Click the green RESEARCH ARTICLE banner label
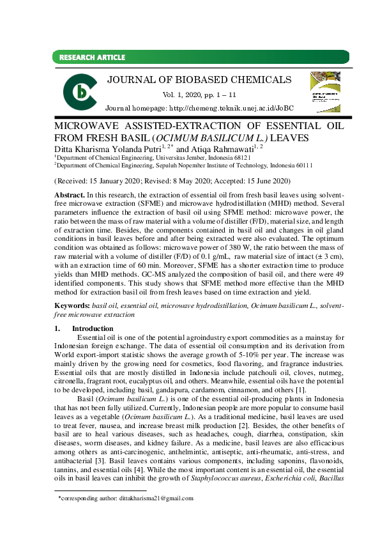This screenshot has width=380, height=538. click(93, 58)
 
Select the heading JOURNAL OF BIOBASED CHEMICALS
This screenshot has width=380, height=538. click(199, 80)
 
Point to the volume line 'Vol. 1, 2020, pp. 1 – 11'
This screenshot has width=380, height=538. click(199, 95)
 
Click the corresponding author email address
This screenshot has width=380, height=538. click(151, 498)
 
